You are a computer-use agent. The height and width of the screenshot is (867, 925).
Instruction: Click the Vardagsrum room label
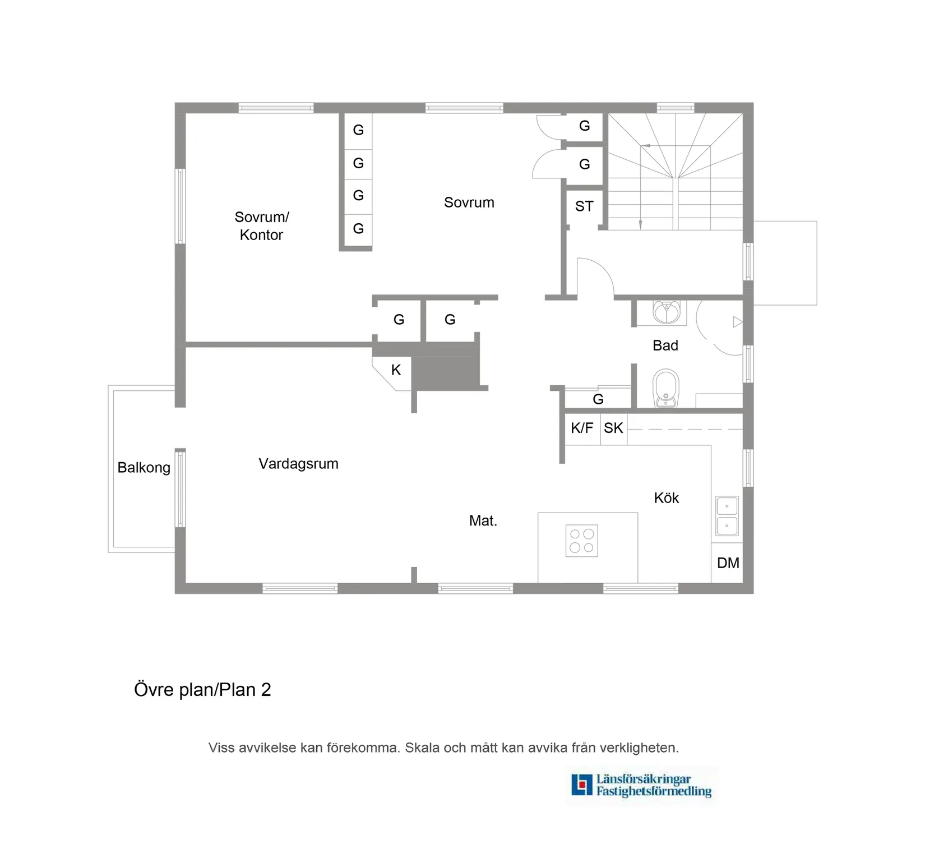click(298, 464)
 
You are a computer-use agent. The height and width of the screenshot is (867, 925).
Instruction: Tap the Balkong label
click(144, 467)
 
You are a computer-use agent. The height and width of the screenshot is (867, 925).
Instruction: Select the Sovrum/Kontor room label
click(261, 225)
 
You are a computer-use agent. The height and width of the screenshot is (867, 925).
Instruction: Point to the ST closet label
click(584, 206)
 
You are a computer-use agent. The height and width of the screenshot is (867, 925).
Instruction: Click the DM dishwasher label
click(728, 563)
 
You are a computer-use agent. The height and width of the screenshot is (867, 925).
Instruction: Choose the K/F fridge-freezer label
click(581, 428)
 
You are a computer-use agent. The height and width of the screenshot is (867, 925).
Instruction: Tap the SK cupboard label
click(613, 428)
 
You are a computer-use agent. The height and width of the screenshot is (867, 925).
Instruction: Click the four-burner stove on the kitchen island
click(581, 541)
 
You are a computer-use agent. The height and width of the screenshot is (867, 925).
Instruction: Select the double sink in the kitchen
click(727, 515)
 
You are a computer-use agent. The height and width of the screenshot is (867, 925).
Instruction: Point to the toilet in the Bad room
click(666, 388)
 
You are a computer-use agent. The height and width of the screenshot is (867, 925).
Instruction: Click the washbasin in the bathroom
click(667, 313)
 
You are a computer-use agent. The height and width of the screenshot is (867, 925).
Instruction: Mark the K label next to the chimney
click(396, 370)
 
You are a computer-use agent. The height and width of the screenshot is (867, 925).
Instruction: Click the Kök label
click(666, 498)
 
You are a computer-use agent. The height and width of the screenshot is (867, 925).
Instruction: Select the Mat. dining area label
click(483, 521)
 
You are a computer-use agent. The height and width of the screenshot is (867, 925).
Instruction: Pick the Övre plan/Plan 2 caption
click(202, 690)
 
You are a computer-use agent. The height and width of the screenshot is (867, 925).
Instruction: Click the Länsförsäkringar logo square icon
click(581, 785)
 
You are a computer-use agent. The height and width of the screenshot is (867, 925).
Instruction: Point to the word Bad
click(665, 345)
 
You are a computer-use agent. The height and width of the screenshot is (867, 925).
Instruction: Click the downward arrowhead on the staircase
click(640, 225)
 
